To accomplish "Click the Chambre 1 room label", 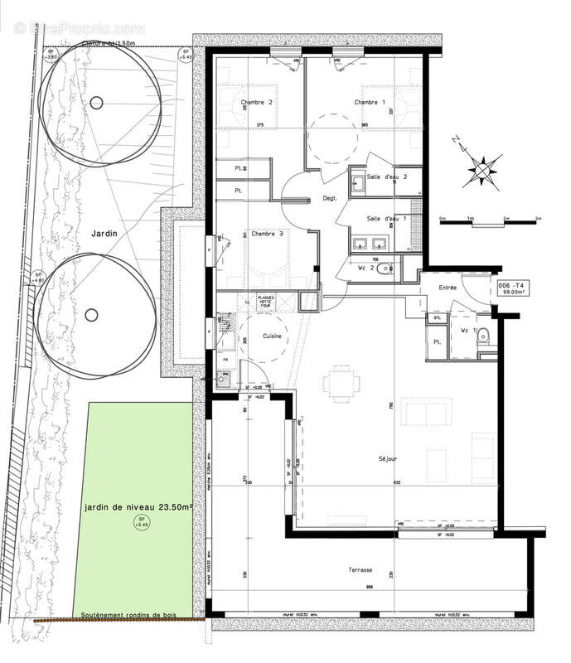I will click(370, 102).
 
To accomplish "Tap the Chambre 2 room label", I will click(256, 102).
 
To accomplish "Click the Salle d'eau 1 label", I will click(388, 218).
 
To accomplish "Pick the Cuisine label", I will click(275, 336).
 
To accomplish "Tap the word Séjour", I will click(388, 458).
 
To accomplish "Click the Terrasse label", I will click(361, 571).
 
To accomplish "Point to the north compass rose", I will click(481, 168).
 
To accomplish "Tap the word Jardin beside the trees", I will click(104, 235).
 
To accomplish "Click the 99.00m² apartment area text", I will click(509, 292).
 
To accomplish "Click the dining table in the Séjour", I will click(343, 384).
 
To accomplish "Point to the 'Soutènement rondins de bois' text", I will click(138, 616).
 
